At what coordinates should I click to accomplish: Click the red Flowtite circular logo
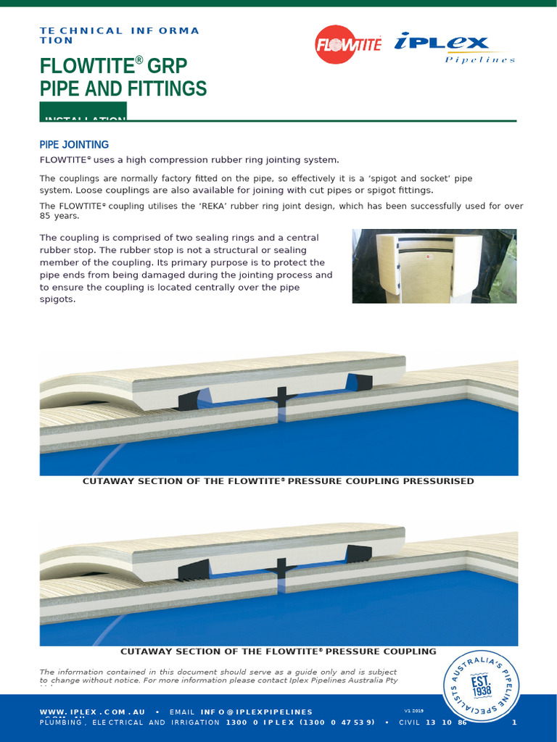click(x=349, y=45)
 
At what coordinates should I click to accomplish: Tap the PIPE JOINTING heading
click(x=74, y=145)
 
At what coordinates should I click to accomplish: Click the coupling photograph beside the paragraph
click(x=434, y=266)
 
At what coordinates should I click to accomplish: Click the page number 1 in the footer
click(x=514, y=722)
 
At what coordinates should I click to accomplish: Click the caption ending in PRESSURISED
click(x=278, y=481)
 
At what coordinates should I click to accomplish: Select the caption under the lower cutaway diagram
click(x=278, y=651)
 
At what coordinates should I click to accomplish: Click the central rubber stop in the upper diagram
click(x=281, y=397)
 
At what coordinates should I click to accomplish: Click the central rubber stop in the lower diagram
click(x=281, y=566)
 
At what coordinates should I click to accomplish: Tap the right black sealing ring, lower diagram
click(x=358, y=554)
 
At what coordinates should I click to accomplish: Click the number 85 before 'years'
click(x=46, y=216)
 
